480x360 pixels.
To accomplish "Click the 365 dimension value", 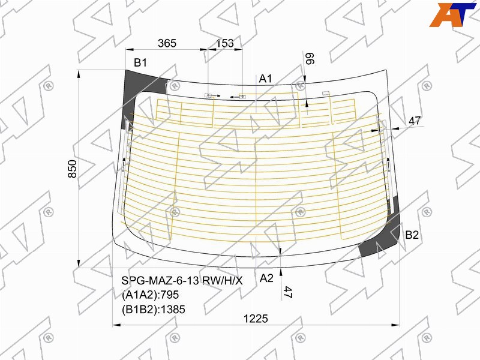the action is point(167,43).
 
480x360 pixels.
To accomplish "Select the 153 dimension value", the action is point(224,43).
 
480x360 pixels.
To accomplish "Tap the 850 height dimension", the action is point(73,169).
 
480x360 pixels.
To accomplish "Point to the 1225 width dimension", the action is point(256,319).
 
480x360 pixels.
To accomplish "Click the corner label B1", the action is point(140,63).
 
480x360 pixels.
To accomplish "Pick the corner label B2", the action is point(412,235).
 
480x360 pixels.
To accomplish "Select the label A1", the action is point(265,79).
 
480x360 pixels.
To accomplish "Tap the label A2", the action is point(266,278).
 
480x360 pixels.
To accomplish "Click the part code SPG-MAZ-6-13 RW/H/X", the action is point(182,280).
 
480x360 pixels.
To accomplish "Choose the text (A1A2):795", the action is point(150,295).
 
